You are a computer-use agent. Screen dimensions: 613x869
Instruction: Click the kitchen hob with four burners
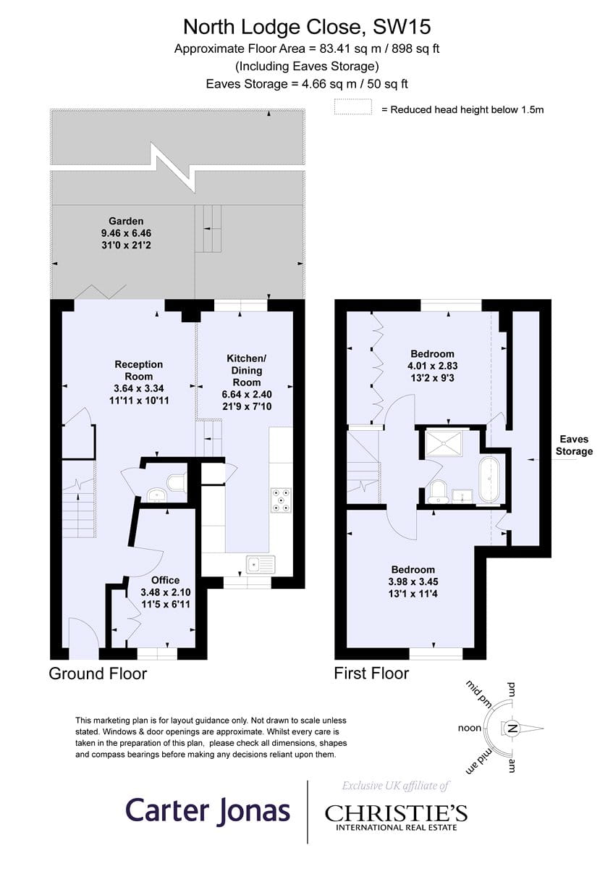tap(281, 500)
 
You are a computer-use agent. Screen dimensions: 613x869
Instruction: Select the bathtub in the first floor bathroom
tap(489, 480)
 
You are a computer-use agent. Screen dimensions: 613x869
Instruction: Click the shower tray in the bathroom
tap(444, 444)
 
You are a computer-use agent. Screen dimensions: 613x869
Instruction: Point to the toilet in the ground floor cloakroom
tap(177, 483)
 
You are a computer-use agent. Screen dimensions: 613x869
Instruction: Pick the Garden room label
tap(126, 221)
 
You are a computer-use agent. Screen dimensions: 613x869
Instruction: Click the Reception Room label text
tap(138, 370)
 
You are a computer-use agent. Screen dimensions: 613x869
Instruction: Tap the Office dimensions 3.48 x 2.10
tap(166, 592)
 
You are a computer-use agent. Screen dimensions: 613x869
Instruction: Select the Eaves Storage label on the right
tap(574, 445)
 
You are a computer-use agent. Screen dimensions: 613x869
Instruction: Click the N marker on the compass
tap(512, 729)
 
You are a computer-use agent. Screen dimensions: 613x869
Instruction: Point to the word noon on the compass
tap(470, 728)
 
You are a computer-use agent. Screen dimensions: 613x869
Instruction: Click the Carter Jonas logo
tap(208, 810)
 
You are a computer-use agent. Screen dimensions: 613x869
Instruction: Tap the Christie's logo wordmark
tap(396, 813)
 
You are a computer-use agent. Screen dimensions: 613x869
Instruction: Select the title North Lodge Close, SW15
tap(307, 28)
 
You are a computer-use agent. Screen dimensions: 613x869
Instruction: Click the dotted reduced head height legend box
tap(353, 106)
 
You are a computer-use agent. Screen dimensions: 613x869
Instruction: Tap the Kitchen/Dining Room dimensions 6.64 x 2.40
tap(247, 394)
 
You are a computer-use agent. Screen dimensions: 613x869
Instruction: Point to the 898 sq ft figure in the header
tap(415, 49)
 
